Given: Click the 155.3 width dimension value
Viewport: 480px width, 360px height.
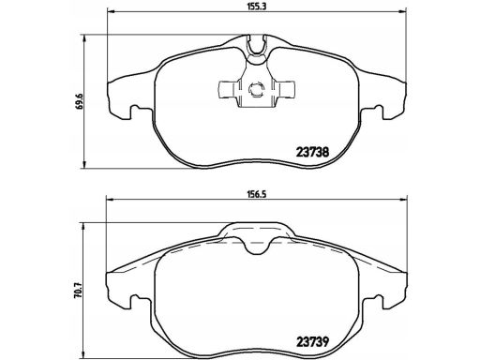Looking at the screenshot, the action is click(x=258, y=6).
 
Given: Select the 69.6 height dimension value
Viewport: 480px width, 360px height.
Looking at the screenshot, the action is click(x=81, y=101).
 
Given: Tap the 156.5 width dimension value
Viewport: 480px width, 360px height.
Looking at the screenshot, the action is click(x=258, y=194).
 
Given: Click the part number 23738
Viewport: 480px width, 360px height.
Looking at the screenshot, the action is click(x=312, y=152).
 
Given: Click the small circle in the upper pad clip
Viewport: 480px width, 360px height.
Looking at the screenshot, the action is click(x=256, y=90).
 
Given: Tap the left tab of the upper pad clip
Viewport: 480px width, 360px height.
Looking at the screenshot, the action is click(x=227, y=89).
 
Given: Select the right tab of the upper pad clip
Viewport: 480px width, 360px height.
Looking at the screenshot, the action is click(x=285, y=89).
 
